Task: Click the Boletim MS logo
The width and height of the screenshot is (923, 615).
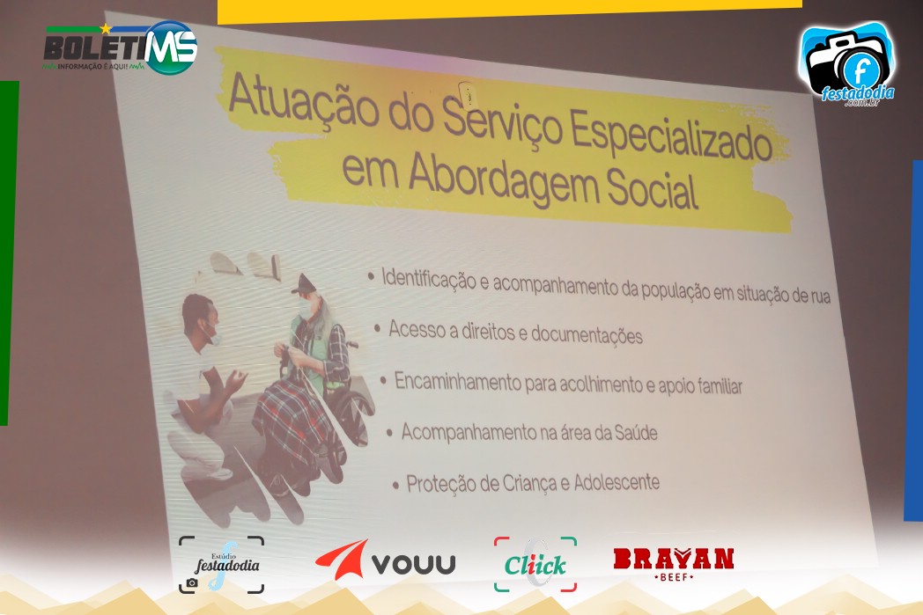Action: (x=120, y=48)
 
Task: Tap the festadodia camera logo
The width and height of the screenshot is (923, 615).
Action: (x=847, y=65)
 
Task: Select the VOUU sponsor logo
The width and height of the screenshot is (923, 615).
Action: (x=386, y=561)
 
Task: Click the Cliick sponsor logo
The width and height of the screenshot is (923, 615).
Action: (x=535, y=565)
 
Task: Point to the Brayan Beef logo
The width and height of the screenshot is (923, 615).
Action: (x=674, y=564)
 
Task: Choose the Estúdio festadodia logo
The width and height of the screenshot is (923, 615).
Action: (x=221, y=565)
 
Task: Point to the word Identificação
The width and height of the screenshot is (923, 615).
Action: (x=429, y=279)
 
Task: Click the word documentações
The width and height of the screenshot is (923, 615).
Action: (x=587, y=335)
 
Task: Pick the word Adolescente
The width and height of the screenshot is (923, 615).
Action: (x=617, y=482)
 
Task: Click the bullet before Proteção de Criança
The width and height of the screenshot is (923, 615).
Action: (x=395, y=486)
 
